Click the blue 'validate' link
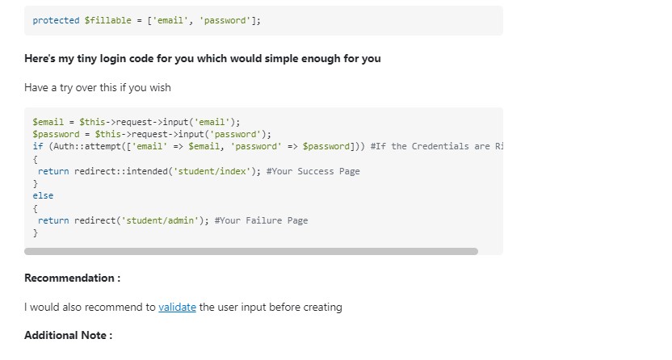pyautogui.click(x=177, y=308)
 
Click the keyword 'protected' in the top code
pyautogui.click(x=57, y=20)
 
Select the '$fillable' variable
pyautogui.click(x=108, y=20)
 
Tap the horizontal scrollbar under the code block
pyautogui.click(x=251, y=251)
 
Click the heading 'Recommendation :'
pyautogui.click(x=73, y=278)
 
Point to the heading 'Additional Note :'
pyautogui.click(x=68, y=335)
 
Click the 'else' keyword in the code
pyautogui.click(x=43, y=195)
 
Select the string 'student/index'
pyautogui.click(x=212, y=171)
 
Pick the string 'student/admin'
pyautogui.click(x=160, y=220)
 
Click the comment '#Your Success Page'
pyautogui.click(x=313, y=171)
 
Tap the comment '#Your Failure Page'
pyautogui.click(x=262, y=220)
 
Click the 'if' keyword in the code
pyautogui.click(x=38, y=146)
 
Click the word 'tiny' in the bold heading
pyautogui.click(x=86, y=59)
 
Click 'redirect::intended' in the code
pyautogui.click(x=121, y=171)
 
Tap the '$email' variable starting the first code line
pyautogui.click(x=48, y=122)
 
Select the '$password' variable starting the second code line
pyautogui.click(x=57, y=135)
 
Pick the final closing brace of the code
pyautogui.click(x=36, y=232)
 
